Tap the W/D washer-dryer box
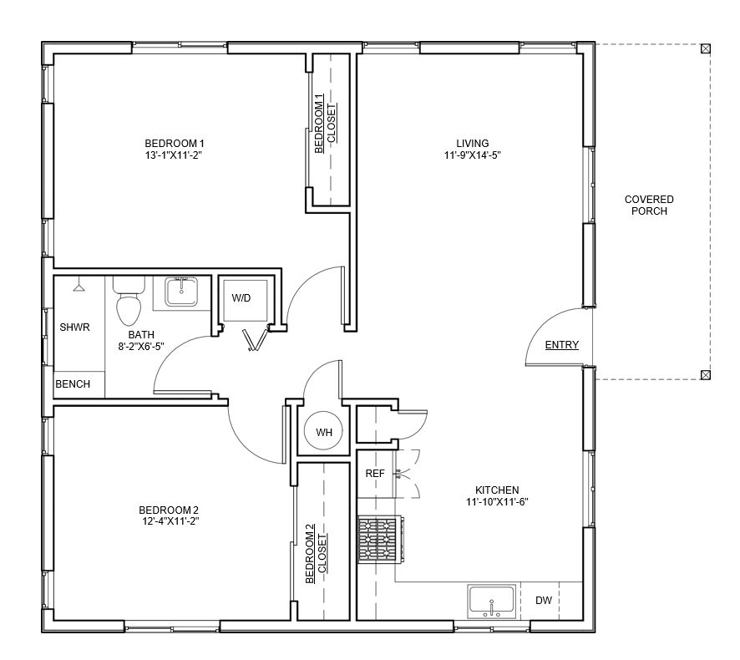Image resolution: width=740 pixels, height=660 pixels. coord(246,301)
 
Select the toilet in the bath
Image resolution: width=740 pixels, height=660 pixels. coord(129,302)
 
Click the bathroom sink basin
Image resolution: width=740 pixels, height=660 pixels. coord(181,292)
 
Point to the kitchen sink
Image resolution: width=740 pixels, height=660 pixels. coord(491,602)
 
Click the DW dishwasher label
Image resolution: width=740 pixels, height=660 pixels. coord(544,601)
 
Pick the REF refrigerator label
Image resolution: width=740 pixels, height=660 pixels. coord(375,474)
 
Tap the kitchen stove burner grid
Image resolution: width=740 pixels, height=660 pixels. coord(378,540)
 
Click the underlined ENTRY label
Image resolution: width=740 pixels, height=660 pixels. coord(561,345)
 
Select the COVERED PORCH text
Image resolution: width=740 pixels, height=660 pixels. coord(649,206)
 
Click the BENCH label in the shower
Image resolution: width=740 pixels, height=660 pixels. coord(73,384)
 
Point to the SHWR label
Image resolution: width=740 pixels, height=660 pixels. coord(74,327)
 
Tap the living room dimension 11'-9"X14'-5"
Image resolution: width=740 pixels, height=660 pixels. coord(473,155)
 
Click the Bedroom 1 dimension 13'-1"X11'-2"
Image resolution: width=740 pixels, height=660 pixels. coord(174,155)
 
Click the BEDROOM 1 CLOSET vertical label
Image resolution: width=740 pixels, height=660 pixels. coord(325,124)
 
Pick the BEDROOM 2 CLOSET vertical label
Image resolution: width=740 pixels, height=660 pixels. coord(316,553)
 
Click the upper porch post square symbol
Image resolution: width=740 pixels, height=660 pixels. coord(706,48)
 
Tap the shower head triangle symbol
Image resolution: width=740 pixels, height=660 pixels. coord(79,287)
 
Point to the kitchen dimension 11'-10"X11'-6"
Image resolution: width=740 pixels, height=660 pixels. coord(497,502)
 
